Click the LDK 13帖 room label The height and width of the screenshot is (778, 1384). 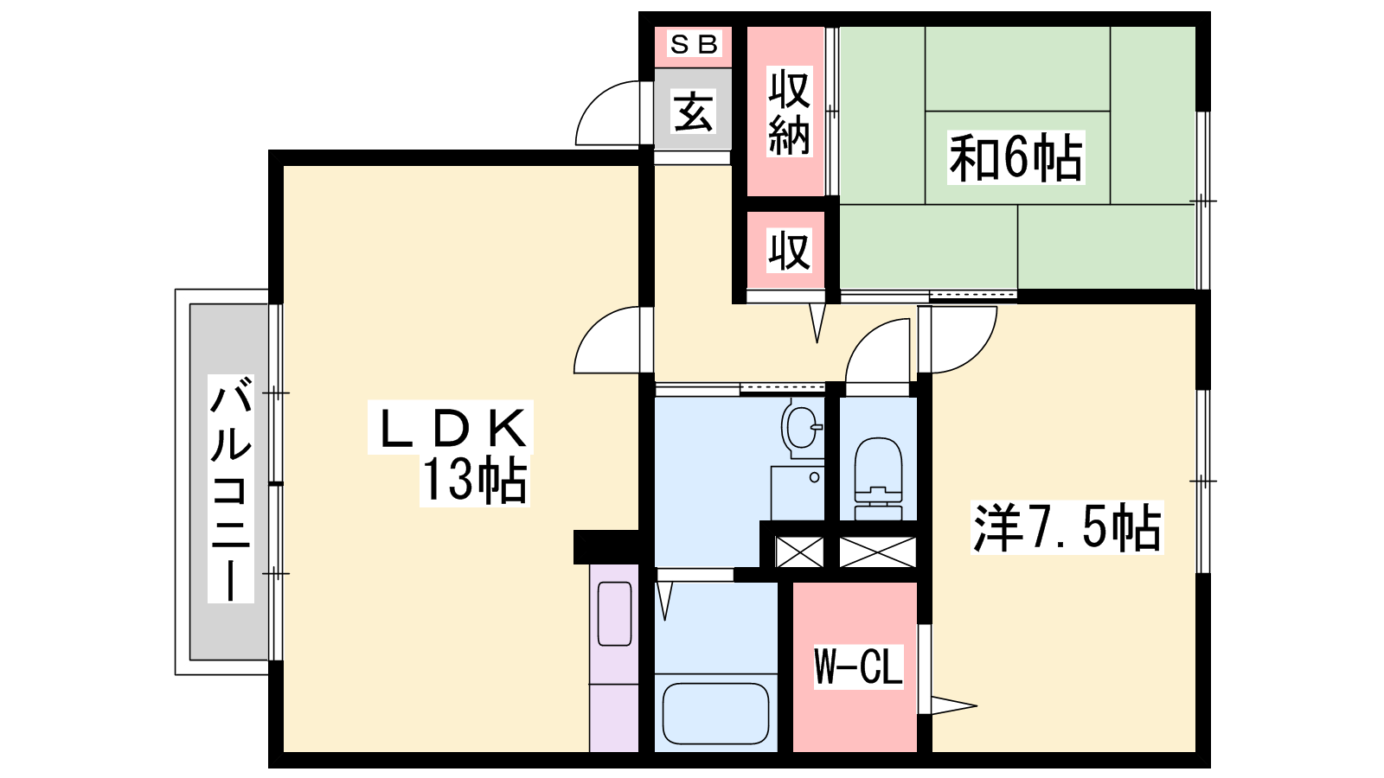[450, 454]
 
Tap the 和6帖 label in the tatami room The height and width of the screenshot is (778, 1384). [1016, 157]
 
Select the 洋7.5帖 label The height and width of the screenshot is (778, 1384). [1067, 527]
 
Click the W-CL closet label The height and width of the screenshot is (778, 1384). [858, 666]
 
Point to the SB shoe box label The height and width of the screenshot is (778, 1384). [693, 44]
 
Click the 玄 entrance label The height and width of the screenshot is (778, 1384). [693, 112]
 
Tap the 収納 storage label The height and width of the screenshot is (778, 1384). [789, 112]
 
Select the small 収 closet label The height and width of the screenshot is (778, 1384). [789, 251]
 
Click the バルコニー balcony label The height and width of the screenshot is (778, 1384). [230, 488]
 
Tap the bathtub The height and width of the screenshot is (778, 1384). [715, 714]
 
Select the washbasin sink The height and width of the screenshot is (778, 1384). [803, 427]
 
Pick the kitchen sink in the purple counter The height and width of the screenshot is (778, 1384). [614, 614]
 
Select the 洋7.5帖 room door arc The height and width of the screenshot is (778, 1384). [979, 354]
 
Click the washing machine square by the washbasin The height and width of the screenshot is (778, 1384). [798, 493]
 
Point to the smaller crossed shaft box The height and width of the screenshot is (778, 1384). [799, 552]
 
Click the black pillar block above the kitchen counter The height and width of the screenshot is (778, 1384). [606, 546]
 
